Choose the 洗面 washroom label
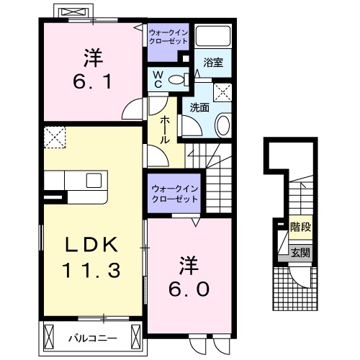(x=199, y=107)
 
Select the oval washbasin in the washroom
(x=222, y=125)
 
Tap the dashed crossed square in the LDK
(x=55, y=135)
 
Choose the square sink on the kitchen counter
(x=94, y=180)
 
